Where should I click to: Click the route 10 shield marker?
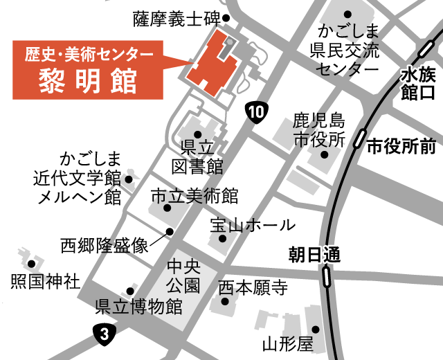tap(256, 111)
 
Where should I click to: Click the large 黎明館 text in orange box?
tap(88, 75)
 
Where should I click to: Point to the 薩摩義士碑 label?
tap(176, 19)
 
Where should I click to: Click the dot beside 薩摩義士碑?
tap(226, 19)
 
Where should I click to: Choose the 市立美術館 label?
tap(195, 196)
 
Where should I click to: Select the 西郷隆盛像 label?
tap(105, 245)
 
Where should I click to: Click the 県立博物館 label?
tap(138, 306)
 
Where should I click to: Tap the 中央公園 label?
tap(183, 275)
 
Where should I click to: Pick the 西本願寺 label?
tap(253, 287)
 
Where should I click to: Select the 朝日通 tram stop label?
tap(315, 255)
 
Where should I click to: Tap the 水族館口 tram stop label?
tap(417, 83)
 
